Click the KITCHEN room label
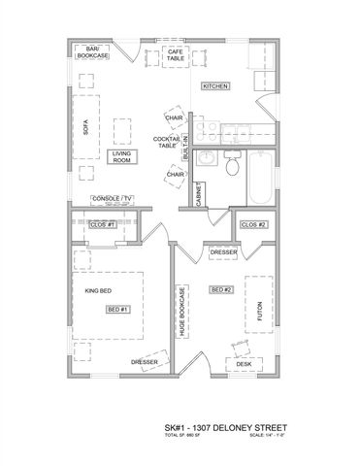tap(215, 86)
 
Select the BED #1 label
tap(117, 309)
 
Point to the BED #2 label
tap(221, 289)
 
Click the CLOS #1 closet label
tap(102, 224)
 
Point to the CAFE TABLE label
tap(176, 55)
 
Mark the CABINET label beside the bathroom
tap(198, 194)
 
